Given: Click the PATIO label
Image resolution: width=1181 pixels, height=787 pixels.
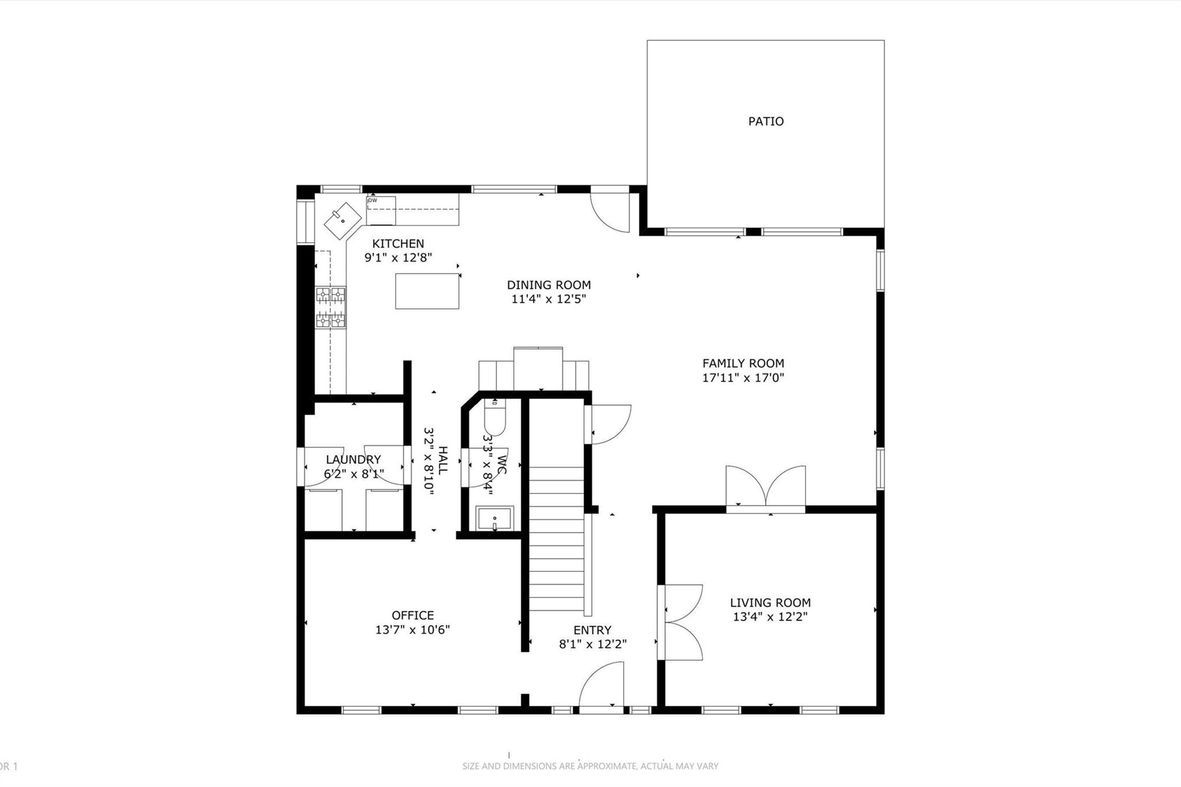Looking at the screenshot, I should pyautogui.click(x=766, y=121).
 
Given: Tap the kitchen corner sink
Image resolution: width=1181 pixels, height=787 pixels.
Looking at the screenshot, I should pyautogui.click(x=343, y=220).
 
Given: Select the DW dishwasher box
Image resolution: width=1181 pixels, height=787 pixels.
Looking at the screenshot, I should pyautogui.click(x=381, y=210).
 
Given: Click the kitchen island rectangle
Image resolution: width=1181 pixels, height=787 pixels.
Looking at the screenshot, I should pyautogui.click(x=427, y=291).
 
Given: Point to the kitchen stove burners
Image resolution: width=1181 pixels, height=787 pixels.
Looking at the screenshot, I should pyautogui.click(x=330, y=308).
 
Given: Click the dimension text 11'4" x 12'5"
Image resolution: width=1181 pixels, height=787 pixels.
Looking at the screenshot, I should pyautogui.click(x=548, y=299).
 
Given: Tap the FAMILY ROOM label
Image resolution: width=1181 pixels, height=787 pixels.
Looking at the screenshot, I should pyautogui.click(x=743, y=363).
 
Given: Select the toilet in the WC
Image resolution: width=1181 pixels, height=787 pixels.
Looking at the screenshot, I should pyautogui.click(x=494, y=420).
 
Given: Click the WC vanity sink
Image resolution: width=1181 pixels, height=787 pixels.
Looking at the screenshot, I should pyautogui.click(x=494, y=518).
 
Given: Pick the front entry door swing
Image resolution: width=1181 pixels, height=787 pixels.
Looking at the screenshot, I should pyautogui.click(x=603, y=686).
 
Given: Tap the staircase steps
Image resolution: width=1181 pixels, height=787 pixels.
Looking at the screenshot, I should pyautogui.click(x=556, y=539).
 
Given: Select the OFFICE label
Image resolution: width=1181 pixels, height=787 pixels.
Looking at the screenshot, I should pyautogui.click(x=412, y=615).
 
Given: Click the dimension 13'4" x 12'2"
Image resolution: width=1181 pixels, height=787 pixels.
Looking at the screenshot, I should pyautogui.click(x=770, y=617).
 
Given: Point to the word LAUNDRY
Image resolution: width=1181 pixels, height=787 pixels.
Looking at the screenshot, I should pyautogui.click(x=353, y=460).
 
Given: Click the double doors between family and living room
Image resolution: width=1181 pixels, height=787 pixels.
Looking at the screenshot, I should pyautogui.click(x=765, y=488).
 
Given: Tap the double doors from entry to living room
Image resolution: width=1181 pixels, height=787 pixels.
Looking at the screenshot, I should pyautogui.click(x=682, y=622).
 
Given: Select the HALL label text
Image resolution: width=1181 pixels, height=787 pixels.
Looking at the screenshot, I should pyautogui.click(x=442, y=460).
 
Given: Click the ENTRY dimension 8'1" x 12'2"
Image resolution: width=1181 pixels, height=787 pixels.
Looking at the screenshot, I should pyautogui.click(x=592, y=644).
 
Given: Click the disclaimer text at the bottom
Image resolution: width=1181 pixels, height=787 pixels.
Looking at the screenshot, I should pyautogui.click(x=590, y=766).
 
